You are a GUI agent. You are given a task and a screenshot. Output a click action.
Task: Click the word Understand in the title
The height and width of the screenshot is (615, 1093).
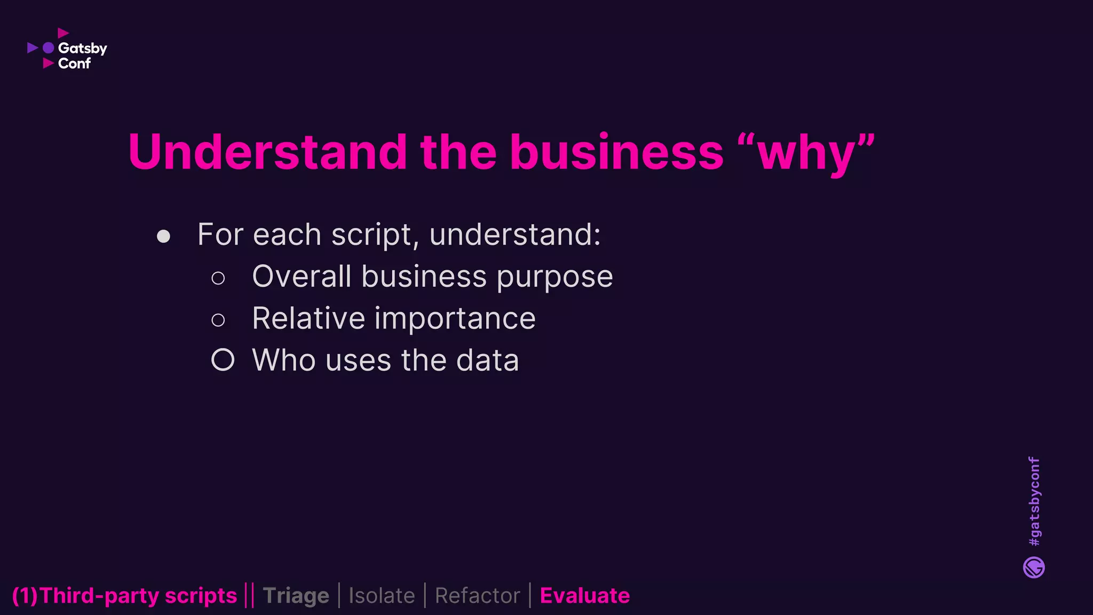click(267, 153)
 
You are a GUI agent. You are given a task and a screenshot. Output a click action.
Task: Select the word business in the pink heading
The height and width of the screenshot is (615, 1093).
click(616, 153)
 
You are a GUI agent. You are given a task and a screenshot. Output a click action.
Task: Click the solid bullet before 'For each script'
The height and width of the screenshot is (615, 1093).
click(163, 236)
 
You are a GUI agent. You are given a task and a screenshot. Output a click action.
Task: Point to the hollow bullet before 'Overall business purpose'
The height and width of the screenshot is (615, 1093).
click(218, 278)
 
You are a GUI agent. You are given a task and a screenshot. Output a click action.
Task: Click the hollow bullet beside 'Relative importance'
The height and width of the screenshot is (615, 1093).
click(218, 320)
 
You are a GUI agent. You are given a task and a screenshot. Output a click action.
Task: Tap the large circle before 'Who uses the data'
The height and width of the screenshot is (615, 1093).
click(223, 360)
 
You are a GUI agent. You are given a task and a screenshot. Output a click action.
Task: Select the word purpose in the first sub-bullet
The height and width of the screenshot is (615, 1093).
click(555, 278)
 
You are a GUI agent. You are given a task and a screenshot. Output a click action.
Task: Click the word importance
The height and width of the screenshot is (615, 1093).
click(455, 319)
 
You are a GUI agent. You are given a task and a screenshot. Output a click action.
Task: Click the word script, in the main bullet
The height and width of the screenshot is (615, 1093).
click(371, 235)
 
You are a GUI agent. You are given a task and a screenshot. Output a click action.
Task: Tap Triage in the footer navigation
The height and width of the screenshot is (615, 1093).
click(296, 596)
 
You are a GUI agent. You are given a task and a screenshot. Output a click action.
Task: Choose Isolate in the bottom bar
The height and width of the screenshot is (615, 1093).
click(382, 596)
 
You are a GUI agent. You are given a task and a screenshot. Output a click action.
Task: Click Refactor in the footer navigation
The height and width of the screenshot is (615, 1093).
click(477, 596)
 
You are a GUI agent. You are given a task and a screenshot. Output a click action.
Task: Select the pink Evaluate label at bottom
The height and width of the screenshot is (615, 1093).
click(584, 596)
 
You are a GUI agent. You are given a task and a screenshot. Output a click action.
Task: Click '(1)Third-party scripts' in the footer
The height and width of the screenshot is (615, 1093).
click(124, 596)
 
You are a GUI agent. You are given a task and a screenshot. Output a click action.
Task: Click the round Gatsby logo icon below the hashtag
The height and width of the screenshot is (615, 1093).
click(1034, 567)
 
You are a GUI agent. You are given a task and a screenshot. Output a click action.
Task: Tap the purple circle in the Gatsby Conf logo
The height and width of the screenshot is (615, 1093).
click(49, 48)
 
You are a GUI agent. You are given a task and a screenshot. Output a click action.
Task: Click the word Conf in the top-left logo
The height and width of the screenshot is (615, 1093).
click(74, 64)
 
